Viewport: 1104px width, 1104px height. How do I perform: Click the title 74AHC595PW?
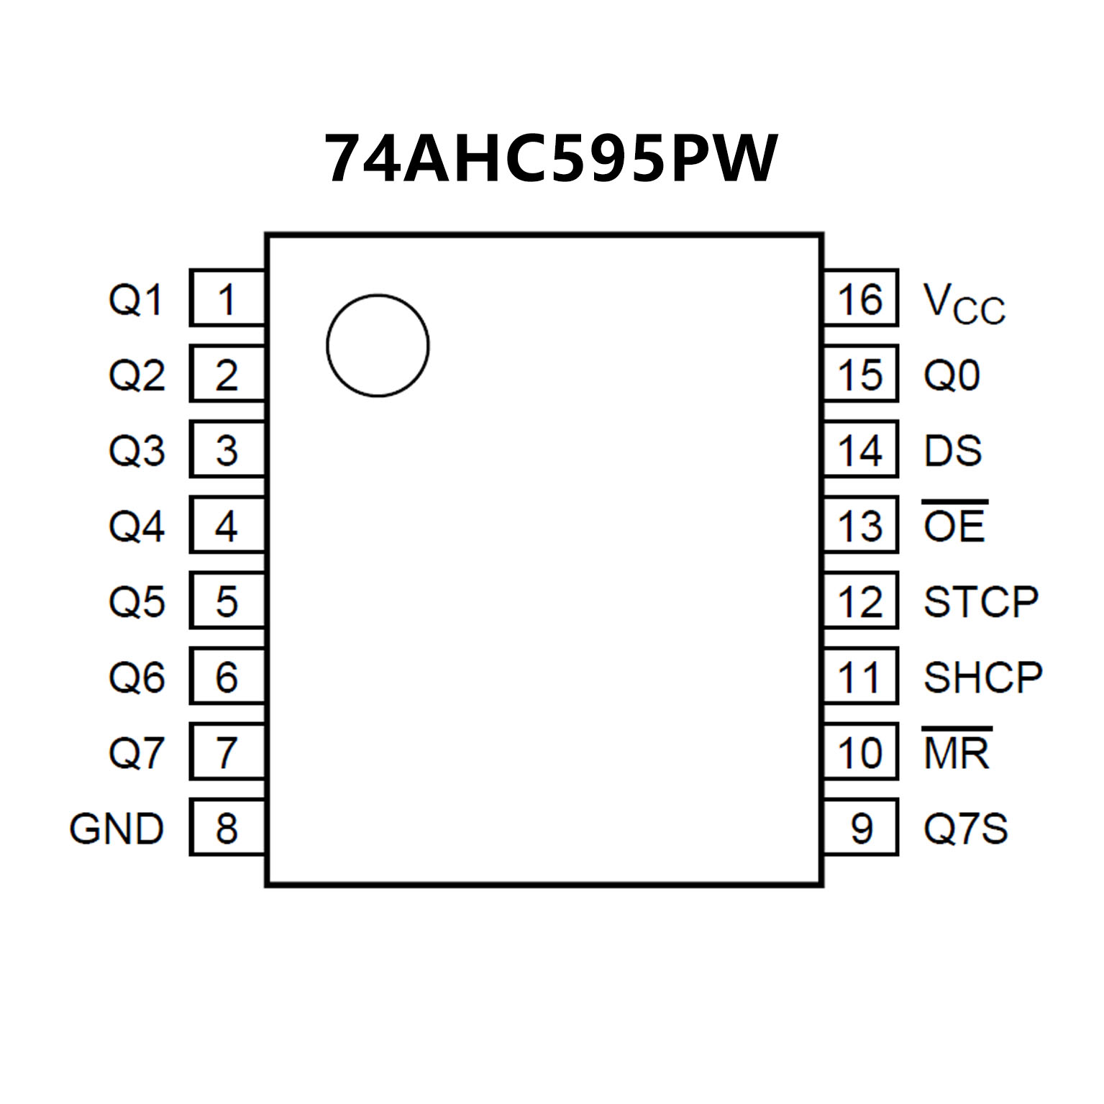(x=551, y=159)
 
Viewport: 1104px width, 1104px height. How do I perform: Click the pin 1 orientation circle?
(x=378, y=345)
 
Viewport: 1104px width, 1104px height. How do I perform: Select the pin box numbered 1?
(x=227, y=298)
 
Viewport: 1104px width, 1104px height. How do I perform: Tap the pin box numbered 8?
(x=227, y=827)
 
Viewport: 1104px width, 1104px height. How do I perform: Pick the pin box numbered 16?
(x=860, y=298)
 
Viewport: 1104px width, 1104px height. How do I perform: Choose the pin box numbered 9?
(x=860, y=827)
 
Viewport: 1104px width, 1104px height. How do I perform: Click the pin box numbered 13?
(x=860, y=525)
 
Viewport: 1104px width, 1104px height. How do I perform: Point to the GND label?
(x=117, y=829)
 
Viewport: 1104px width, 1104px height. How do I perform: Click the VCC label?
(x=964, y=304)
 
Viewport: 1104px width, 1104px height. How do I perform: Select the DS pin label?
(x=953, y=450)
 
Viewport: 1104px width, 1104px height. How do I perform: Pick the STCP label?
(x=981, y=601)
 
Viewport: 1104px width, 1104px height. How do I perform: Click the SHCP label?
(x=982, y=677)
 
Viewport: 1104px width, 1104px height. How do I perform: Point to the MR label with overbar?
(x=957, y=752)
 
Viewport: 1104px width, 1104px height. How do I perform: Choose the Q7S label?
(x=965, y=829)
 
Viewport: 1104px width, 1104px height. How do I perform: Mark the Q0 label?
(x=952, y=375)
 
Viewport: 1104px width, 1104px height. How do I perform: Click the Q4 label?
(x=137, y=526)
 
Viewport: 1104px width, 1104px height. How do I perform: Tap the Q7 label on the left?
(x=137, y=752)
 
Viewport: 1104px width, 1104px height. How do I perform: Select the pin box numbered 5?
(x=227, y=601)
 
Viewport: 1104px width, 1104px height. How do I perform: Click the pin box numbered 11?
(x=860, y=676)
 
